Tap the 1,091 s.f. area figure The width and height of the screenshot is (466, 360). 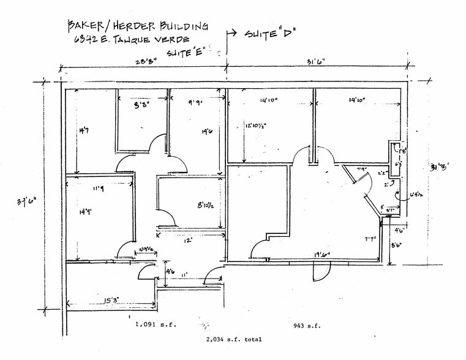[155, 325]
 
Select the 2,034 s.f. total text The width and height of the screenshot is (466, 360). [235, 339]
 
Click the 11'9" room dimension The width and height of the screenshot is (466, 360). [98, 189]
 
